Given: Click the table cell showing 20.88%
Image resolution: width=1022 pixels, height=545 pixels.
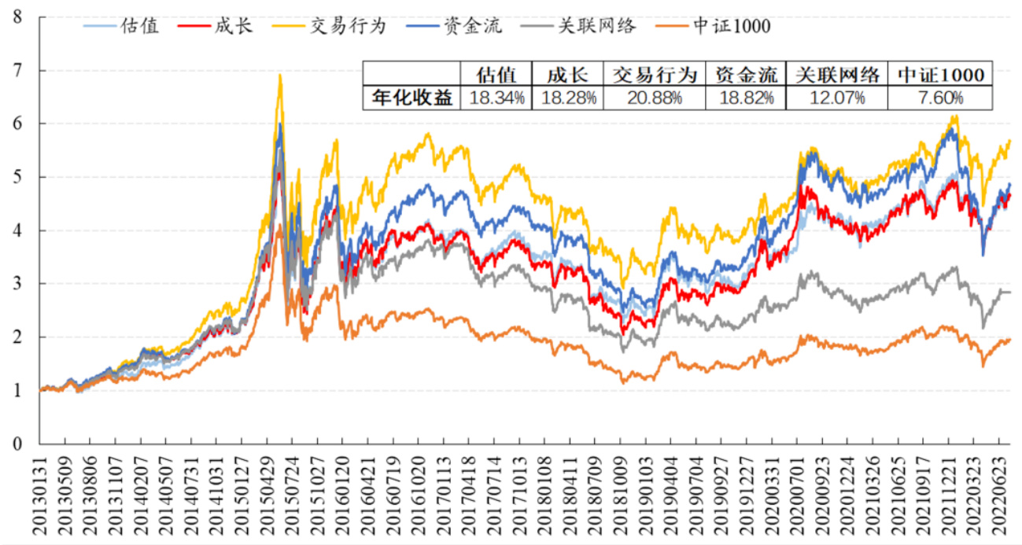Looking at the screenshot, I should [654, 98].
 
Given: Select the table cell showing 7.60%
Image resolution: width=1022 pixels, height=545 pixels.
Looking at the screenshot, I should [939, 98].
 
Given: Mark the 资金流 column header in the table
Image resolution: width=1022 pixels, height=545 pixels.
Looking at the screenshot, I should [746, 75].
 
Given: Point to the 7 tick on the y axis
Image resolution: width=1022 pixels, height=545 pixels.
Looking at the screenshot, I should [17, 70].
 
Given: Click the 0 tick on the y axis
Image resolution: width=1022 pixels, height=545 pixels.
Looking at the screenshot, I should [17, 444].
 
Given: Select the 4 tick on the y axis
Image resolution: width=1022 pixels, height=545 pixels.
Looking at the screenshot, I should [17, 230].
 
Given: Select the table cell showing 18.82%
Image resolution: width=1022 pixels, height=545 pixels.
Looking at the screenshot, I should [746, 98].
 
